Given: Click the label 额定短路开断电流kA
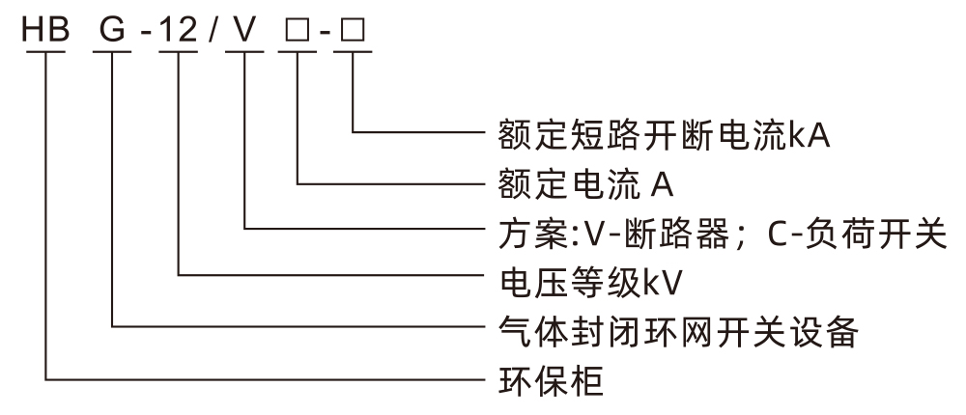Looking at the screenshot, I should pos(666,131).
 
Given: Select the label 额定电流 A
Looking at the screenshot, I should pos(585,181).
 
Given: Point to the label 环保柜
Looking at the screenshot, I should pos(554,380).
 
